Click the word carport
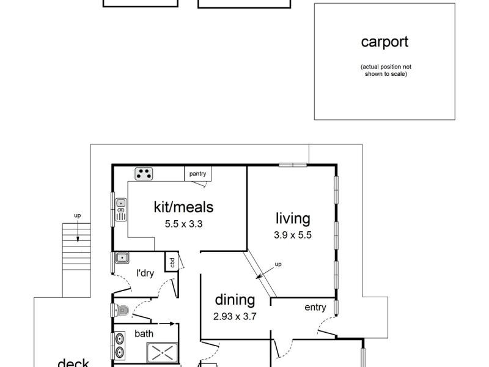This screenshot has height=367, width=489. pyautogui.click(x=384, y=42)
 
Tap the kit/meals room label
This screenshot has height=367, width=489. pyautogui.click(x=183, y=207)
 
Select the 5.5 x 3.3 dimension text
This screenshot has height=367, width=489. pyautogui.click(x=183, y=224)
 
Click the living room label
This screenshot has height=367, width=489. pyautogui.click(x=293, y=218)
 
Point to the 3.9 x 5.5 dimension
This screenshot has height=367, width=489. pyautogui.click(x=293, y=234)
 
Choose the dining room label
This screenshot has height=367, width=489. pyautogui.click(x=234, y=300)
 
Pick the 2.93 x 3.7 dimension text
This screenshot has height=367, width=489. pyautogui.click(x=234, y=316)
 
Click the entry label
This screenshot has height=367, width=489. pyautogui.click(x=315, y=307)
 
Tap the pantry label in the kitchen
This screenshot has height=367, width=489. pyautogui.click(x=197, y=174)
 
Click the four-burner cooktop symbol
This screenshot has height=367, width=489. pyautogui.click(x=144, y=174)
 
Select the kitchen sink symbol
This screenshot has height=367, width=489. pyautogui.click(x=121, y=209)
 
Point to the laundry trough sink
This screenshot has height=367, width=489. pyautogui.click(x=121, y=258)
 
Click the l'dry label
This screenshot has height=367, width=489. pyautogui.click(x=144, y=273)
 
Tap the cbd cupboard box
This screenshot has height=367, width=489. pyautogui.click(x=171, y=262)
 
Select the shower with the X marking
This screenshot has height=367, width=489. pyautogui.click(x=162, y=352)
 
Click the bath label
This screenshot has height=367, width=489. pyautogui.click(x=144, y=334)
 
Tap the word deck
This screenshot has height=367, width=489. pyautogui.click(x=73, y=363)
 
